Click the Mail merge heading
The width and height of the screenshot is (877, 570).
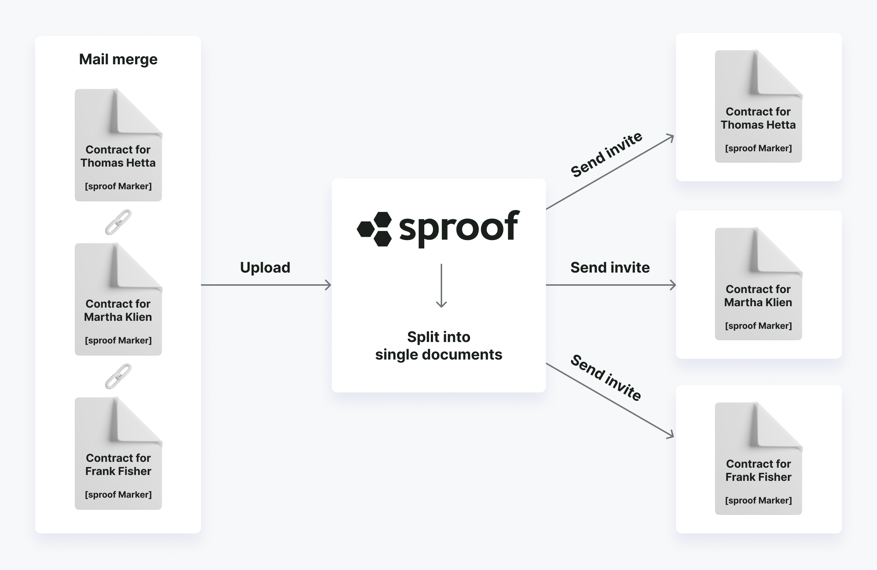[x=118, y=60]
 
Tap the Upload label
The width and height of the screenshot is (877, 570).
[x=265, y=268]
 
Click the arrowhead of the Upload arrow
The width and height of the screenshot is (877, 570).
[x=328, y=285]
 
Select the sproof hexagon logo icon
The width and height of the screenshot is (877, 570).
[x=375, y=229]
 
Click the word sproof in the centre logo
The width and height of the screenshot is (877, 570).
[x=459, y=228]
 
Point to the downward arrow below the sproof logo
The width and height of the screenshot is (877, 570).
[x=441, y=286]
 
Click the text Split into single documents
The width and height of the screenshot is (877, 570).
[x=438, y=346]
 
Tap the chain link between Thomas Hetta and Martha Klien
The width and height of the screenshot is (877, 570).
[x=118, y=222]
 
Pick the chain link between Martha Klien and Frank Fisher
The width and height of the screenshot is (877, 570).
[x=118, y=376]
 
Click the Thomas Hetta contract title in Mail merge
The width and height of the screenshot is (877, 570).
[x=118, y=156]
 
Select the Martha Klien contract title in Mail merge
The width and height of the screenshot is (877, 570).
[x=118, y=310]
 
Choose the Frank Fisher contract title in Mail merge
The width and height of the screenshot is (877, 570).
[x=118, y=465]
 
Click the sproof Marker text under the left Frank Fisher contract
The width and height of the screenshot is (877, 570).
[x=118, y=494]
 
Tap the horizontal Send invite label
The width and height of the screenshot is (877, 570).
[x=610, y=267]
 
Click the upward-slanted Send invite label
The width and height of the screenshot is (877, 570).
[x=606, y=155]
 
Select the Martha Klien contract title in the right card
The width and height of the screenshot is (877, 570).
[x=758, y=296]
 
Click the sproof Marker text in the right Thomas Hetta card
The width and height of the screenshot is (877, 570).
[x=758, y=148]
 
